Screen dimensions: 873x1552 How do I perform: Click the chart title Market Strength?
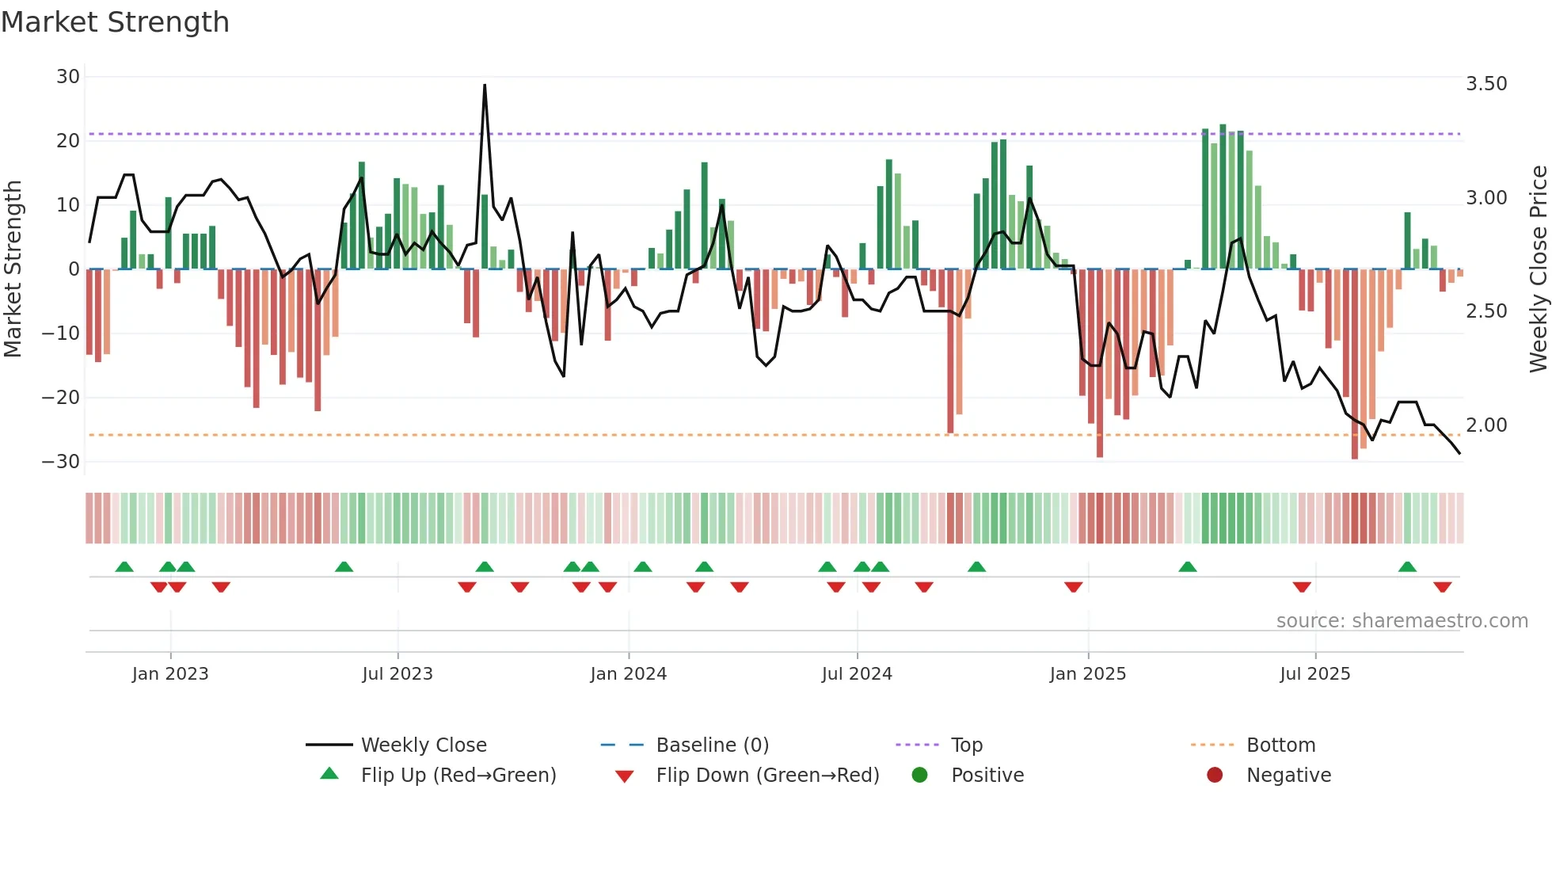115,22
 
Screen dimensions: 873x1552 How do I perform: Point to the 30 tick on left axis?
68,77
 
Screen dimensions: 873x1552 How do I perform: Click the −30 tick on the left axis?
61,461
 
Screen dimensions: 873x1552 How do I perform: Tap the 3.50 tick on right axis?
1486,84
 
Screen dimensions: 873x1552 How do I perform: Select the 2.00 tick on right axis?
1486,425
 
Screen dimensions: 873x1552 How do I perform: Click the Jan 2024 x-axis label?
628,674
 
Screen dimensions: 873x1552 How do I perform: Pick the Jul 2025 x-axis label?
1314,674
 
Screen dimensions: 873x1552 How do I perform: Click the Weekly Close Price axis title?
1538,269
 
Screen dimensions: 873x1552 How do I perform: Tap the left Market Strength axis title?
13,269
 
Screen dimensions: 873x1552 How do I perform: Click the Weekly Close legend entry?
423,745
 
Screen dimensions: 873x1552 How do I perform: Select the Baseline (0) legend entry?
712,745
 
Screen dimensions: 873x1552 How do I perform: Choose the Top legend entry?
966,745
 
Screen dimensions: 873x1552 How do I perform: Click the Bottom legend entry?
1280,745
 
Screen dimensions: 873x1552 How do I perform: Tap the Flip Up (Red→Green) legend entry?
458,776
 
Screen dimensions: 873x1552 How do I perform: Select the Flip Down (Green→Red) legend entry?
766,776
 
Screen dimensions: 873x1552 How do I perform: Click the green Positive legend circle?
919,775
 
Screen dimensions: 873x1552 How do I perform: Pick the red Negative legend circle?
1215,775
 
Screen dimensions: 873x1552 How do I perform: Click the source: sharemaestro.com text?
1402,621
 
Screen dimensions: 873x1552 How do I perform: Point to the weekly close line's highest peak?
485,86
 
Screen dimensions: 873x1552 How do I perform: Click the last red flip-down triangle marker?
1442,587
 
